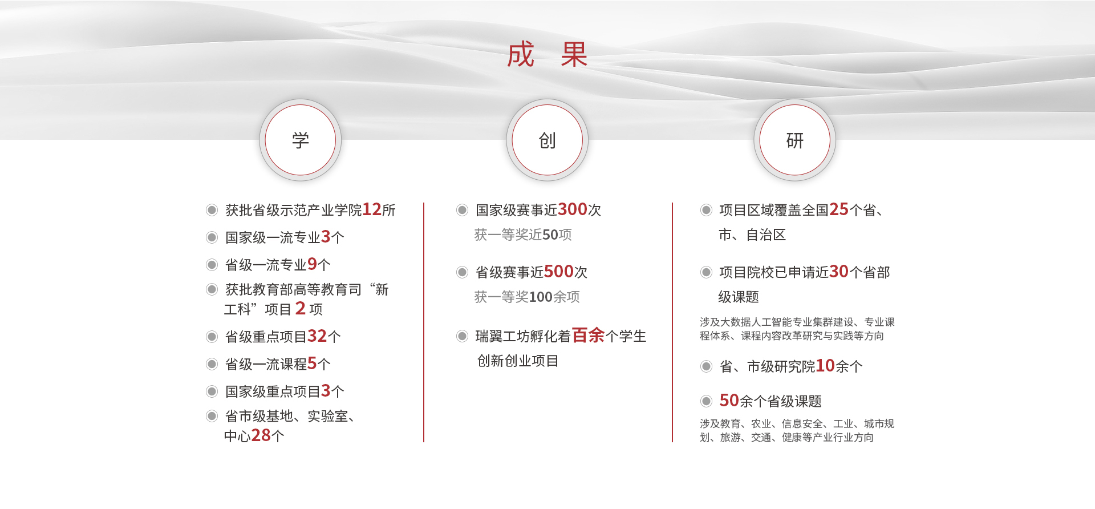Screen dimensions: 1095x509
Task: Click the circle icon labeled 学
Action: click(x=301, y=140)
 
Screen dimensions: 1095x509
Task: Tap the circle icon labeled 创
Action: click(x=547, y=140)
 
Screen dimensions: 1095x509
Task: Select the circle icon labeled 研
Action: click(x=795, y=140)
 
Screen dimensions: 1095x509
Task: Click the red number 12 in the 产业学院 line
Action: click(x=372, y=209)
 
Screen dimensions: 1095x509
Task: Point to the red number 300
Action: click(x=573, y=209)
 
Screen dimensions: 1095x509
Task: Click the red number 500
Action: click(x=559, y=272)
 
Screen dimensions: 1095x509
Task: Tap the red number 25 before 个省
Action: click(x=839, y=209)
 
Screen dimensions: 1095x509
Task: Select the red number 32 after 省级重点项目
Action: click(x=317, y=336)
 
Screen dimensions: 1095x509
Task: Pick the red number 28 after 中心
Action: click(x=261, y=435)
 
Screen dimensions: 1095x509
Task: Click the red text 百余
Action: click(x=589, y=336)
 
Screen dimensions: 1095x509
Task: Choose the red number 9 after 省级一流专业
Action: click(x=313, y=264)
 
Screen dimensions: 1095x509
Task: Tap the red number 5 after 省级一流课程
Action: click(x=313, y=363)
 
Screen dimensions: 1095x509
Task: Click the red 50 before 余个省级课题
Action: click(x=729, y=401)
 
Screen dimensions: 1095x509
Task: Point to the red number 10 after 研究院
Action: click(x=825, y=366)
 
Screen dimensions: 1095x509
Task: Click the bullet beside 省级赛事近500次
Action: click(x=463, y=272)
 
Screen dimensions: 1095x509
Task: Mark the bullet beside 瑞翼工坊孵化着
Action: click(x=463, y=336)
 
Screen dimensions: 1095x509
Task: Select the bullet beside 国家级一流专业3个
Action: click(x=212, y=237)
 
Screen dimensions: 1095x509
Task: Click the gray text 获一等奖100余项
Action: click(x=527, y=297)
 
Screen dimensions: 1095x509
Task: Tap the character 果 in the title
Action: click(x=574, y=55)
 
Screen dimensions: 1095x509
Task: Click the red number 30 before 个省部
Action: click(x=839, y=272)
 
